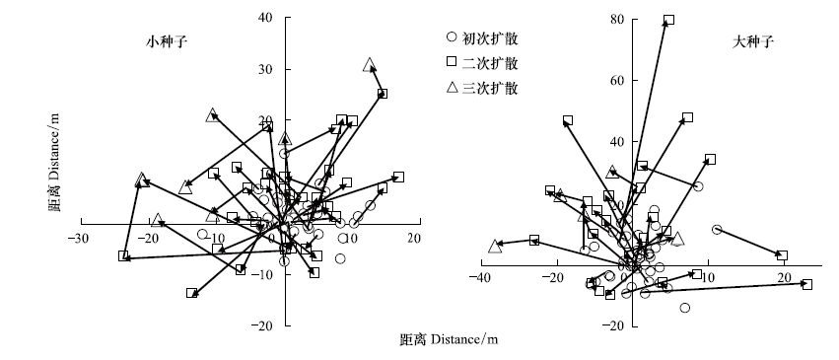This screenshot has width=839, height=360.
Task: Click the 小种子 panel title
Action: [x=167, y=42]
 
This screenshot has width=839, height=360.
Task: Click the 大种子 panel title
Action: [x=753, y=42]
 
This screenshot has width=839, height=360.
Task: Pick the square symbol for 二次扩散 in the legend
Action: [x=452, y=62]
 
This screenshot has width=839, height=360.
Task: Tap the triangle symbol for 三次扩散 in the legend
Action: [x=452, y=88]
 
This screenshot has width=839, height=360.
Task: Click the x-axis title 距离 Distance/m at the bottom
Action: [x=449, y=339]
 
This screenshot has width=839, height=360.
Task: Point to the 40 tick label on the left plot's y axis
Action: [x=266, y=18]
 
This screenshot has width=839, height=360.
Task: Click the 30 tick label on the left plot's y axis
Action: [x=266, y=70]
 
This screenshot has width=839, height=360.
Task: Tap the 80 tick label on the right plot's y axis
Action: [x=617, y=20]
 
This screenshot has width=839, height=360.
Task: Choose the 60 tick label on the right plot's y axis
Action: [x=617, y=81]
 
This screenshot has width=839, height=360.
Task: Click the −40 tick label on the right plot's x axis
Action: [x=478, y=277]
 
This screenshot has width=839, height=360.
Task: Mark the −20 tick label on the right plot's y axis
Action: [x=613, y=325]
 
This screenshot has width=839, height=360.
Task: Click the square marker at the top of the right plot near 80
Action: [x=668, y=20]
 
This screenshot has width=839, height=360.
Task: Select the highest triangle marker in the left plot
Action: [x=369, y=65]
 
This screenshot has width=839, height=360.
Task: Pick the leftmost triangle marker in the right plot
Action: [x=496, y=246]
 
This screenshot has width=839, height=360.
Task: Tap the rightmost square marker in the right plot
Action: [x=807, y=285]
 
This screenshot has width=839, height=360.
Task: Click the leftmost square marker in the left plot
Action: [x=123, y=256]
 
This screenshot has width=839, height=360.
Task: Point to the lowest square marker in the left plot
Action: [x=192, y=293]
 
